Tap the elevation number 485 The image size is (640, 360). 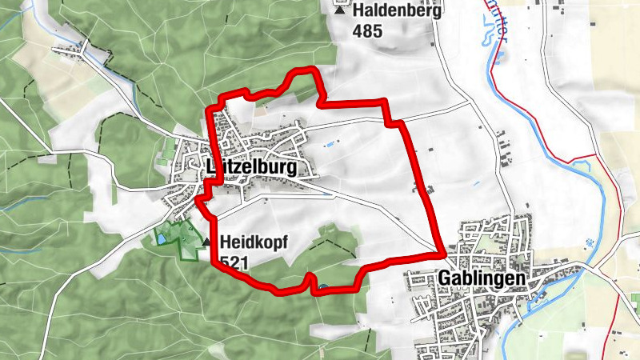coord(367,32)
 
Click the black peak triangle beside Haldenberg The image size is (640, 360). coord(342,11)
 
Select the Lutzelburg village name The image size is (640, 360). coord(250,168)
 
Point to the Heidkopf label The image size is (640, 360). coord(254,241)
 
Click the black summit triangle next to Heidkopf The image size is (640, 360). coord(207,242)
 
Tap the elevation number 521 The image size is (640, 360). coord(234,262)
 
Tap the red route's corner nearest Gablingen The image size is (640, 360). coord(442,253)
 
